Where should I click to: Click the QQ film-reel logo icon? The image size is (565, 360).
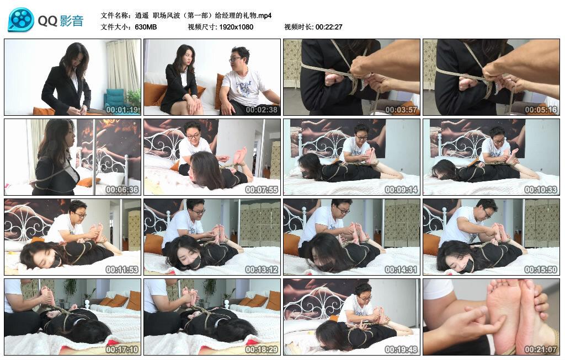click(21, 20)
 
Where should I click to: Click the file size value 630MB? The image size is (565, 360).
click(146, 27)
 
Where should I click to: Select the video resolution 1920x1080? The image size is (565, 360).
click(236, 27)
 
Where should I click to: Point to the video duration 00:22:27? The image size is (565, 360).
click(329, 27)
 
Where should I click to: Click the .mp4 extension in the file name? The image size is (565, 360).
click(263, 15)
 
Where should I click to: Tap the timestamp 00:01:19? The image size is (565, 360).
click(122, 110)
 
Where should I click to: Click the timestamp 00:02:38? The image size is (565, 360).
click(262, 110)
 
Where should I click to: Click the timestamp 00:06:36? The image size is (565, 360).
click(122, 190)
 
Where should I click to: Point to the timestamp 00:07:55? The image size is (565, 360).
click(262, 190)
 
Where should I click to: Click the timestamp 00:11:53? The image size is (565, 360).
click(122, 270)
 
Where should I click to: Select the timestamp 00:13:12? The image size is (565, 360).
click(262, 270)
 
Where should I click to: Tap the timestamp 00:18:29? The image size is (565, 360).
click(262, 350)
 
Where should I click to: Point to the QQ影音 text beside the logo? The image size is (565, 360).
click(61, 21)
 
